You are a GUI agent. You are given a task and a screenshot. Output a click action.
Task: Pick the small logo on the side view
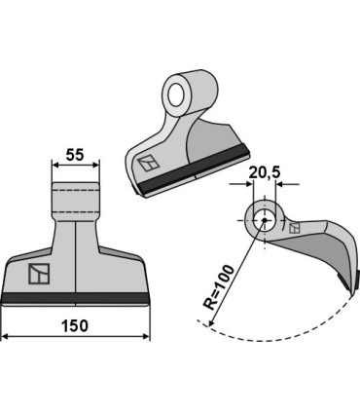click(x=295, y=227)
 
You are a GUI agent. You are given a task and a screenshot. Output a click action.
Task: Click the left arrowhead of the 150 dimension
click(x=6, y=338)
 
